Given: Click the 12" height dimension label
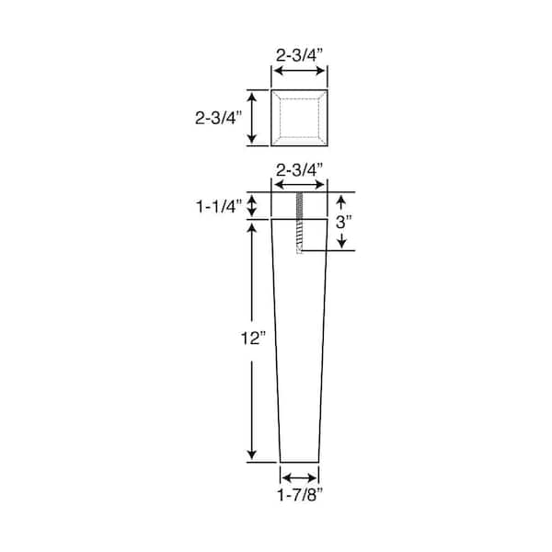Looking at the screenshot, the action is point(253,339).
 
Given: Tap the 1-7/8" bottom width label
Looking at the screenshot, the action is point(300,496).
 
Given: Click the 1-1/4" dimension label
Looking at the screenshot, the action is point(219,207).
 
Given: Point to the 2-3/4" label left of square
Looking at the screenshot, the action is point(219,118).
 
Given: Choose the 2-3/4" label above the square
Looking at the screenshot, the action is point(299,55).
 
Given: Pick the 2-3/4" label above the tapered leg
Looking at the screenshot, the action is point(299,171).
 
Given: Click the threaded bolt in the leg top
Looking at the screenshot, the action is point(300,223).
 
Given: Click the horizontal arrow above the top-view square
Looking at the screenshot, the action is point(300,71).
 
